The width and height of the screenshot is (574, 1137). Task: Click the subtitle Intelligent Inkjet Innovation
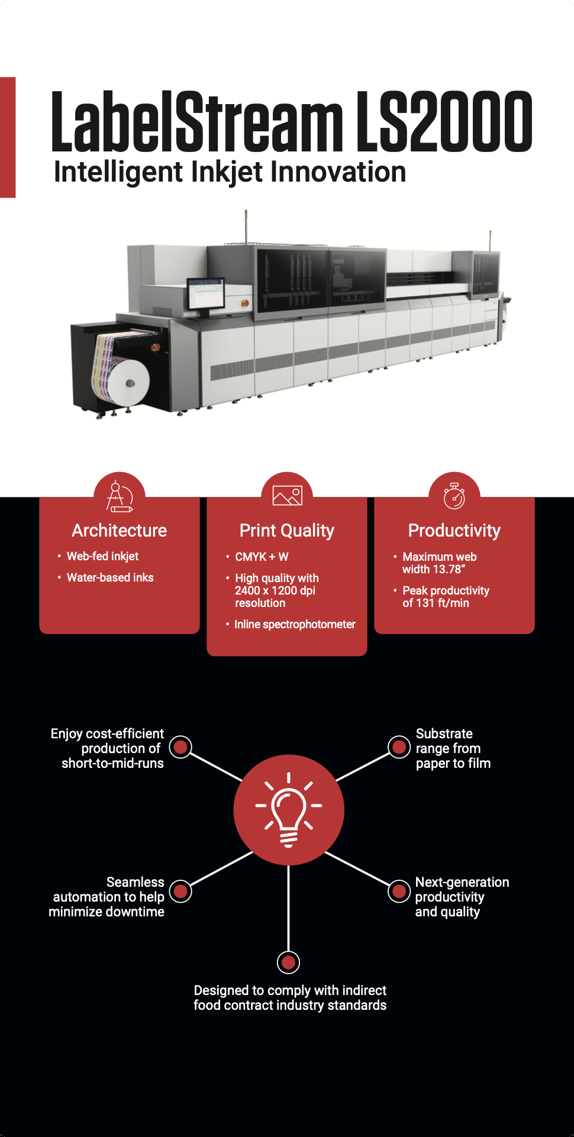pos(230,172)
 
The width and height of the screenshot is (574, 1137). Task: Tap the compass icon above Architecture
pos(120,496)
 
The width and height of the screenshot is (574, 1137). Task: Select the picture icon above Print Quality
pos(287,495)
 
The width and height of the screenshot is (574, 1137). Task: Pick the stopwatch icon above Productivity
pos(454,496)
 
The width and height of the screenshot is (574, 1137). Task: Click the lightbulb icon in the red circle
pos(289,809)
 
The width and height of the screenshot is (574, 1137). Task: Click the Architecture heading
pos(120,531)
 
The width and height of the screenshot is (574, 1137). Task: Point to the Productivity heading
pos(454,531)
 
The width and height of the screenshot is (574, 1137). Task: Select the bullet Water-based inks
pos(110,577)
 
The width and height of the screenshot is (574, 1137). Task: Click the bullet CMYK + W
pos(262,557)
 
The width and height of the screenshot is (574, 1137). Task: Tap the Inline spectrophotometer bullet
pos(295,624)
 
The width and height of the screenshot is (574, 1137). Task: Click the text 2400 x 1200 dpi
pos(275,590)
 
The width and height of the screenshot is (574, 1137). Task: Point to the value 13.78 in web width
pos(450,569)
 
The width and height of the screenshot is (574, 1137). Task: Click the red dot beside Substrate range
pos(399,747)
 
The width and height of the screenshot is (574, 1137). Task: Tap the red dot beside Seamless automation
pos(181,891)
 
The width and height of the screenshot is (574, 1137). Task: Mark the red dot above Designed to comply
pos(288,962)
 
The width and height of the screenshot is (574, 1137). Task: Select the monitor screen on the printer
pos(205,293)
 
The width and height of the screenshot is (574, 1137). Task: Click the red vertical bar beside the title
pos(8,137)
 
